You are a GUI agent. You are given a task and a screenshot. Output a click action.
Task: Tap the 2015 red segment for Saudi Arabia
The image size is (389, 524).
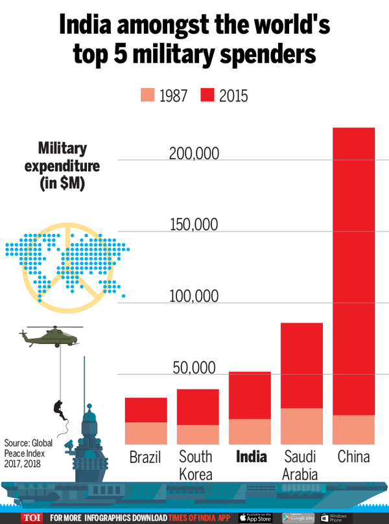point(301,365)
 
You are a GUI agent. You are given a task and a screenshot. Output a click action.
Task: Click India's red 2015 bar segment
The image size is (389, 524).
point(250,395)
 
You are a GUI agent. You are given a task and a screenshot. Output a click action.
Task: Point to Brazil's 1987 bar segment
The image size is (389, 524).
point(146,433)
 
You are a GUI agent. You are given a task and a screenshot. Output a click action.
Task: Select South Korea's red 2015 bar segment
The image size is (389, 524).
point(198,407)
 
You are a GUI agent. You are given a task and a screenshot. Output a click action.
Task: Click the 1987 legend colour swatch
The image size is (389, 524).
point(147,97)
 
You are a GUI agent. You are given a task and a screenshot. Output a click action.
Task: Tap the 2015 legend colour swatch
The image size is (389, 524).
point(207,97)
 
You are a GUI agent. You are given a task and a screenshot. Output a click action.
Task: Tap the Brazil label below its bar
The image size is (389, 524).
point(146,457)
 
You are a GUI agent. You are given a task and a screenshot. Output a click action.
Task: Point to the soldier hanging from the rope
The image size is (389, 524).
point(58,407)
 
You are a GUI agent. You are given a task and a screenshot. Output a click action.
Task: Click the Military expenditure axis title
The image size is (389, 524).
point(62,166)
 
